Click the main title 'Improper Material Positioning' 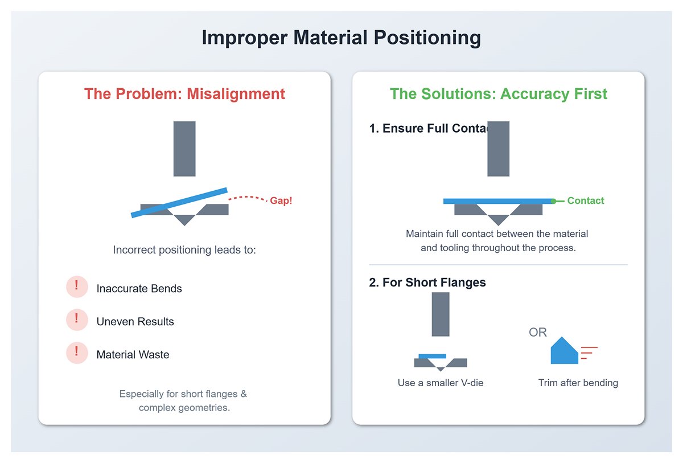point(341,38)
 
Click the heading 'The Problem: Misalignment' point(184,93)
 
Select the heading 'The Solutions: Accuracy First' point(498,93)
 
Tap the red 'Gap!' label point(281,201)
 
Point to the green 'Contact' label point(586,200)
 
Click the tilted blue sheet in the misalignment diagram point(179,203)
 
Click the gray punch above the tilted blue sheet point(184,148)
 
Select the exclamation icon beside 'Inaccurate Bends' point(77,286)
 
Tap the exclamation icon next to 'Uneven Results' point(77,319)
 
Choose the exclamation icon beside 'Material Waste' point(77,353)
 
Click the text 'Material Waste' point(133,355)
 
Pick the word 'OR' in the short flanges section point(538,332)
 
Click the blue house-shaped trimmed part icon point(564,351)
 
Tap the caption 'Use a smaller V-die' point(441,383)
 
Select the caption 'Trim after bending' point(578,383)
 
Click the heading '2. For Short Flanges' point(427,282)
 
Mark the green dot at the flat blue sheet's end point(553,201)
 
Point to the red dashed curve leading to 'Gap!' point(248,198)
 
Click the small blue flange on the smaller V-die point(432,356)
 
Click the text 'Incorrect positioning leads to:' point(184,250)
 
